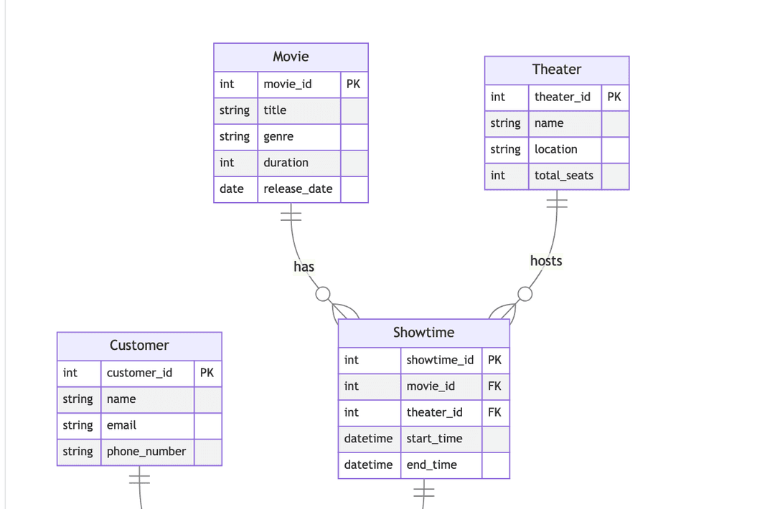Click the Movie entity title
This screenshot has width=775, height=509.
coord(291,57)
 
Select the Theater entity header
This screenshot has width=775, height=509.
coord(556,70)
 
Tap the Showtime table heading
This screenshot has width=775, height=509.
coord(423,333)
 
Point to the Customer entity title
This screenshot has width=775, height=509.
coord(139,346)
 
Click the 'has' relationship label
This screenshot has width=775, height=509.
coord(304,267)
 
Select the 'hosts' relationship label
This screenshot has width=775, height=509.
coord(546,261)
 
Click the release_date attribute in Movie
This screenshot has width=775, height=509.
coord(298,189)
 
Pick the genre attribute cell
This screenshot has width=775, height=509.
coord(278,137)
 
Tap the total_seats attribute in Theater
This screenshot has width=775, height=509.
coord(564,176)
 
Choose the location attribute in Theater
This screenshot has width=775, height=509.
coord(555,150)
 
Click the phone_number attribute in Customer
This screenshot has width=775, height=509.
coord(146,452)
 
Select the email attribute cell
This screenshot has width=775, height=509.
coord(121,426)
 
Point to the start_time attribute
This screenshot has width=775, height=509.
coord(434,439)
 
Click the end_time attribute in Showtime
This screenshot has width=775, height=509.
coord(431,465)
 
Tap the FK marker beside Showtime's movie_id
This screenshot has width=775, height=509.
coord(494,386)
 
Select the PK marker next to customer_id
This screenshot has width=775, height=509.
coord(207,373)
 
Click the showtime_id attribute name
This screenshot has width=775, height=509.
coord(440,360)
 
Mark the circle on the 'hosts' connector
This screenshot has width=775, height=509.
coord(525,294)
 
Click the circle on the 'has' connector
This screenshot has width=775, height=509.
coord(323,294)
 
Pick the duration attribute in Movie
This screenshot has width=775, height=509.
coord(286,163)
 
